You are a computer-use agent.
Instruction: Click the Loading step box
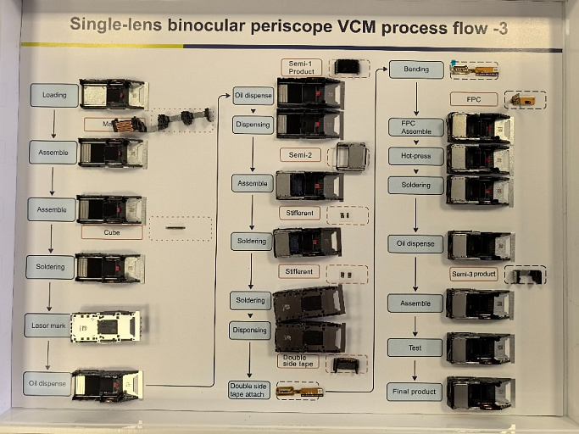[x=54, y=95]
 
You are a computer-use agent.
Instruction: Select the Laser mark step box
[x=47, y=325]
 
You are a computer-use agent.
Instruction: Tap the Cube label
[x=112, y=231]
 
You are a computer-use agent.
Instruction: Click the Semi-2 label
[x=300, y=155]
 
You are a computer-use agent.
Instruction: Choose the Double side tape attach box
[x=249, y=391]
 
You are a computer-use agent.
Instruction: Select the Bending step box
[x=416, y=70]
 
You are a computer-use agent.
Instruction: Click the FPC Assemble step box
[x=415, y=127]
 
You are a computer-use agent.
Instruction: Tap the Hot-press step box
[x=415, y=156]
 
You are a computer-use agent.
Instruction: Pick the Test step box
[x=415, y=347]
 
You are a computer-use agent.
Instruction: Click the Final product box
[x=415, y=392]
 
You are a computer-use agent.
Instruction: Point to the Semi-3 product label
[x=473, y=274]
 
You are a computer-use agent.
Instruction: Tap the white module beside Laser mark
[x=105, y=326]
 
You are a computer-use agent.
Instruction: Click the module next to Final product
[x=480, y=392]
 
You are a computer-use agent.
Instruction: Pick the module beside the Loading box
[x=113, y=94]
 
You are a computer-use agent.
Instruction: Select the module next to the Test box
[x=480, y=348]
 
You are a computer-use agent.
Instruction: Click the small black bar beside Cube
[x=177, y=227]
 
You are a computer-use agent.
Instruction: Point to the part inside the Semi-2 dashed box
[x=351, y=156]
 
